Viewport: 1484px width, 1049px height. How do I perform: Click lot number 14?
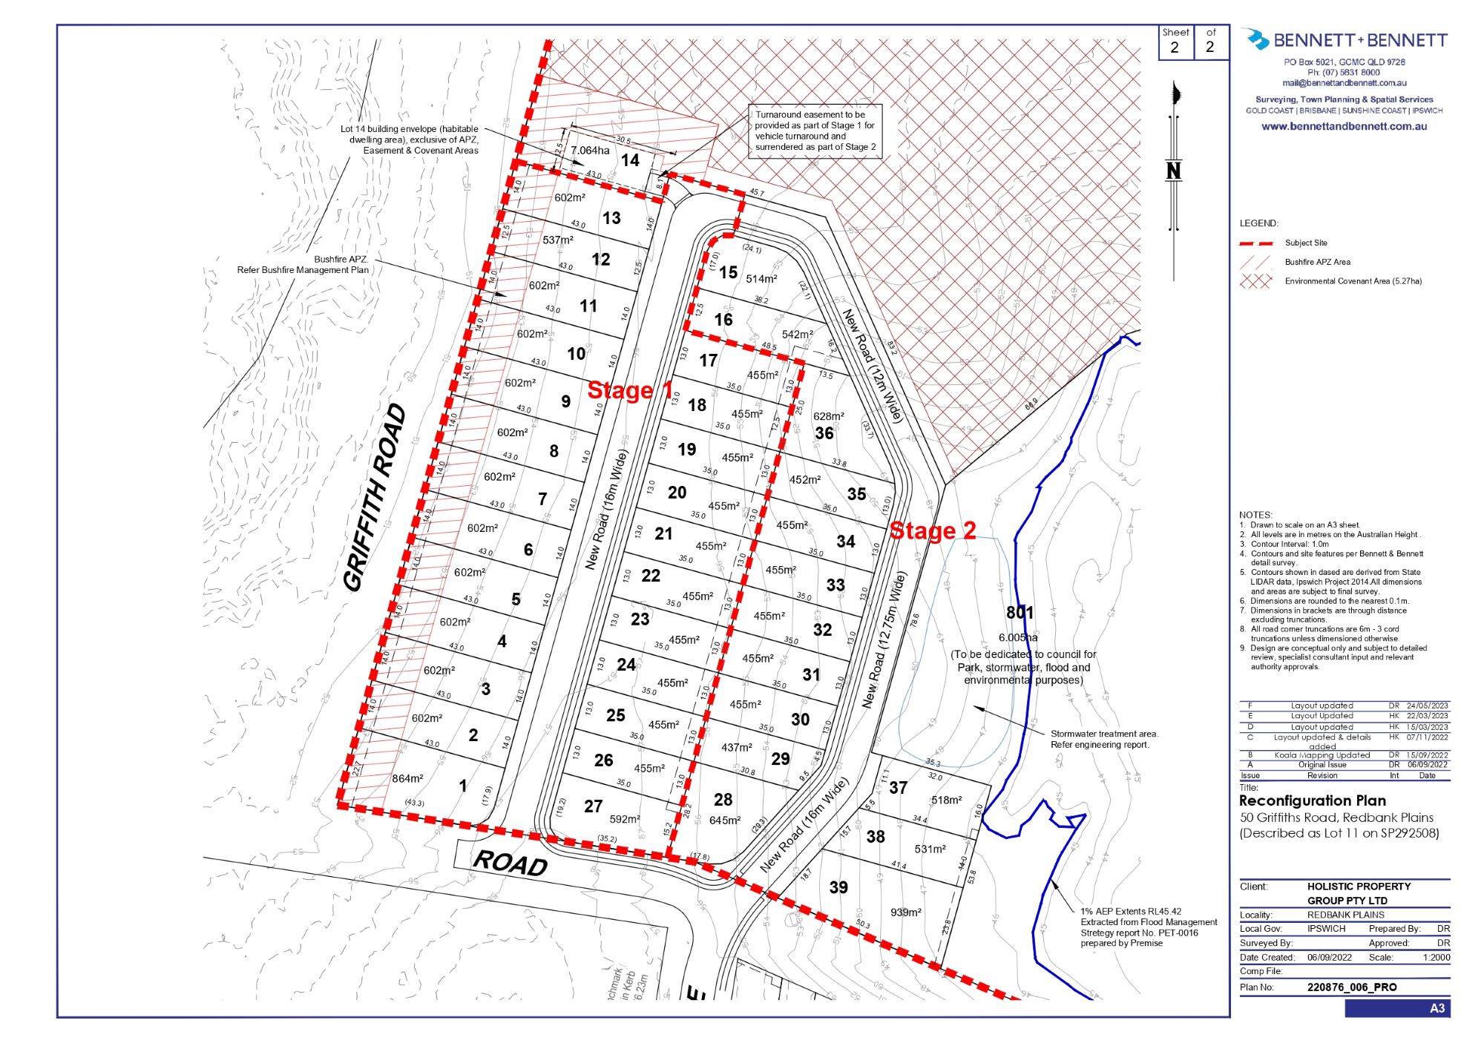point(630,160)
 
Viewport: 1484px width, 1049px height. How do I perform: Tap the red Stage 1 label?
point(630,390)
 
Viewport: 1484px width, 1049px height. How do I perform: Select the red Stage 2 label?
point(933,530)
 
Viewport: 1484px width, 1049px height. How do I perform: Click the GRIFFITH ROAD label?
point(375,497)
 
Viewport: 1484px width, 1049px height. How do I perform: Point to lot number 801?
point(1020,613)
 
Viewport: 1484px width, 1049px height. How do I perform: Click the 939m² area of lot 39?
point(906,912)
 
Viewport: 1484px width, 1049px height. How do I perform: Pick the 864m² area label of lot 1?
point(407,778)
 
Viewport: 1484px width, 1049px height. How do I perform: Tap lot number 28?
point(723,799)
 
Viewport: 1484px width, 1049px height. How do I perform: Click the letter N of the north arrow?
point(1173,171)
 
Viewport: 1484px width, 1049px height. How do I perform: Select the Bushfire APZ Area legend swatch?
point(1255,262)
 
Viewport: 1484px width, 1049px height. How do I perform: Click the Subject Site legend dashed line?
point(1255,243)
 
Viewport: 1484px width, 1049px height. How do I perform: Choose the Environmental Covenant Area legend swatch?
point(1255,281)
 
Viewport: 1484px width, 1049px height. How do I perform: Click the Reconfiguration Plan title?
point(1312,800)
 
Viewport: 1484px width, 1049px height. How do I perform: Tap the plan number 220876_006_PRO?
point(1351,987)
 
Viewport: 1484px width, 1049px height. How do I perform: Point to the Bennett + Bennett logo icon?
point(1256,39)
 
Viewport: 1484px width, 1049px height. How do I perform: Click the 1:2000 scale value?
point(1436,958)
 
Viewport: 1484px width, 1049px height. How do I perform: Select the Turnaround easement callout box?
point(814,131)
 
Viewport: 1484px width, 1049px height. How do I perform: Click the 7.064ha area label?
point(590,151)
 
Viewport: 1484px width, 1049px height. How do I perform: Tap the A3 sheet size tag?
point(1437,1008)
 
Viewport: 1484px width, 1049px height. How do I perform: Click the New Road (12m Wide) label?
point(872,366)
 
